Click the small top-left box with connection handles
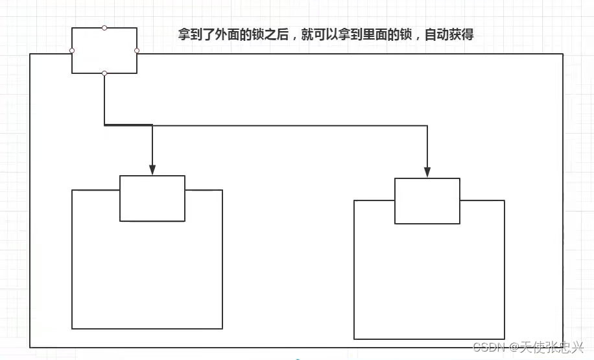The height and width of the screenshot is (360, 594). (x=104, y=51)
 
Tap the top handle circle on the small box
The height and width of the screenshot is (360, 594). (x=104, y=28)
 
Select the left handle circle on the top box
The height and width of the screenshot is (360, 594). (x=72, y=51)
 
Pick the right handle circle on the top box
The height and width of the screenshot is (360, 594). (x=137, y=51)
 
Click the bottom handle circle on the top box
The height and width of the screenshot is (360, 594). (x=104, y=73)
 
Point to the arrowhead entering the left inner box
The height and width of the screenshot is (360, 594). (x=152, y=170)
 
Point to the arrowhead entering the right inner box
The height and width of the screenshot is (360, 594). (x=427, y=173)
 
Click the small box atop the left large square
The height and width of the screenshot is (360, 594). (x=152, y=198)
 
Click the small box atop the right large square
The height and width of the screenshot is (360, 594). (x=427, y=201)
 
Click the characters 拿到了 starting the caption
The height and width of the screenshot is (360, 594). (x=197, y=35)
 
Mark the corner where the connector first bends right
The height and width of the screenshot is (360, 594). (x=104, y=125)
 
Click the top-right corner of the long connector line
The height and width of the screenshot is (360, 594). (x=427, y=125)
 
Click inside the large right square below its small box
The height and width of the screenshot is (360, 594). (x=429, y=282)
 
